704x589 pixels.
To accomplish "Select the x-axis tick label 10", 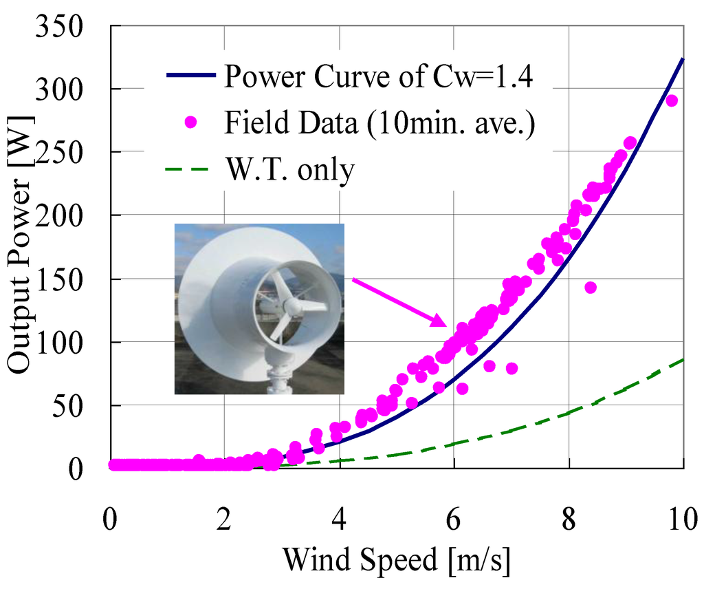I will pyautogui.click(x=682, y=518).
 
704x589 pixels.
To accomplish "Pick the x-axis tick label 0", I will pyautogui.click(x=110, y=518).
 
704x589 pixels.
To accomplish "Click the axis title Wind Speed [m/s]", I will pyautogui.click(x=397, y=560).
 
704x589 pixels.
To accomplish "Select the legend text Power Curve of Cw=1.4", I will pyautogui.click(x=378, y=76).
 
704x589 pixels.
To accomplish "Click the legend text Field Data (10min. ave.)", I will pyautogui.click(x=379, y=123).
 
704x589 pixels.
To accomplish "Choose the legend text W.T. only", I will pyautogui.click(x=289, y=169).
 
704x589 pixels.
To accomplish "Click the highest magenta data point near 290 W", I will pyautogui.click(x=672, y=100).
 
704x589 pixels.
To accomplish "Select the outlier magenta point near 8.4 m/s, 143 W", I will pyautogui.click(x=590, y=287).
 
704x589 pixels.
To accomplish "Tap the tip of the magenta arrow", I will pyautogui.click(x=446, y=324).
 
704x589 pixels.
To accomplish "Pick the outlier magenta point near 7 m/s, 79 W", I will pyautogui.click(x=511, y=368).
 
